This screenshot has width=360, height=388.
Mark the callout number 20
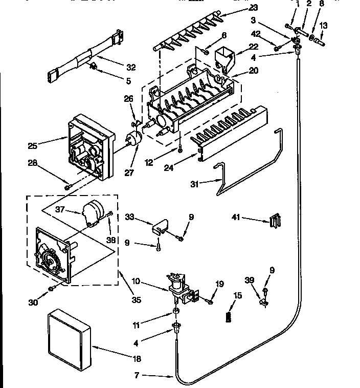[x=253, y=71]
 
